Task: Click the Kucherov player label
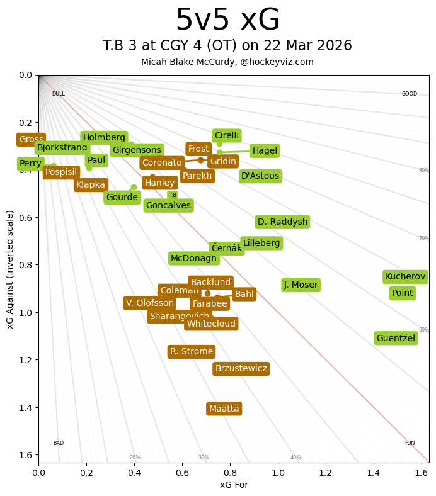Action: point(405,277)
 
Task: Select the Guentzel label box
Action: point(396,339)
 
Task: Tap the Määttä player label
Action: point(224,409)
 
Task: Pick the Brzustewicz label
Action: point(241,369)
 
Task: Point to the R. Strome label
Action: point(192,352)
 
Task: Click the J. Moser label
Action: point(301,285)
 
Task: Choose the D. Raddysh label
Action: point(282,222)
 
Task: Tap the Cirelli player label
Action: point(227,136)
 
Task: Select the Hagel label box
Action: point(265,150)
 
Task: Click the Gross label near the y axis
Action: point(31,140)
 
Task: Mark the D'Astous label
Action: point(260,176)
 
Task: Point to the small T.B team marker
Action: point(173,195)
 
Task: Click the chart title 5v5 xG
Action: point(227,21)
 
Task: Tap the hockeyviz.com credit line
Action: point(227,62)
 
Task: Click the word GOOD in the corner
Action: point(410,94)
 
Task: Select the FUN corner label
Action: point(410,443)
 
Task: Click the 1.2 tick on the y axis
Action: point(25,360)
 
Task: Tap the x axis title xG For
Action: point(234,484)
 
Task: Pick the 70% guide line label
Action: point(424,239)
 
